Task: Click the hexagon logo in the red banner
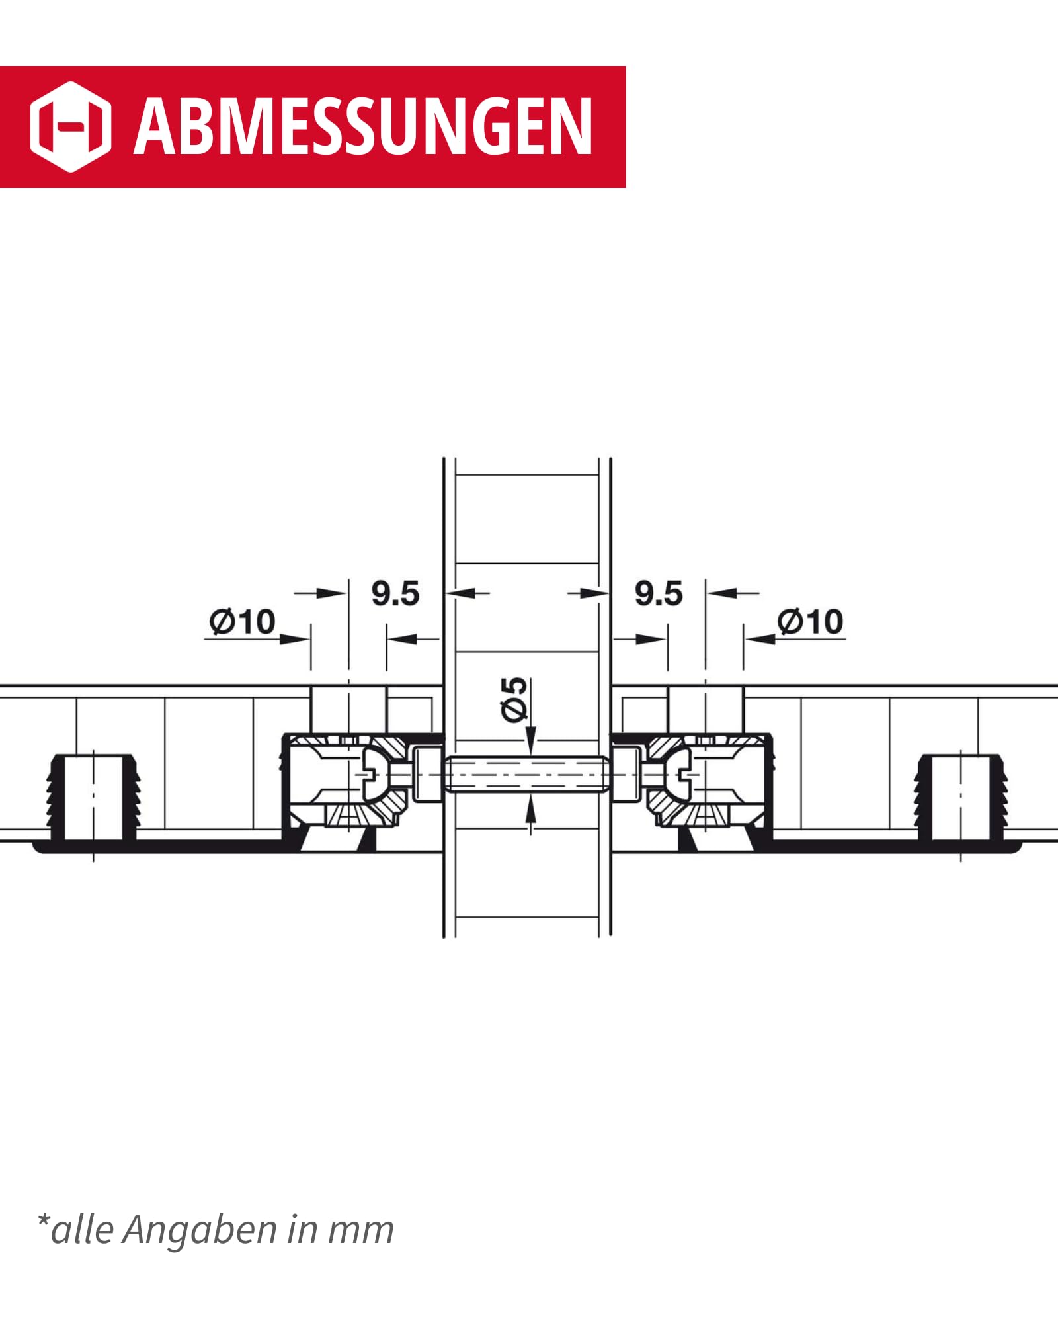(x=71, y=127)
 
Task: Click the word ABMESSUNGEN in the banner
(x=363, y=126)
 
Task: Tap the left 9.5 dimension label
(x=395, y=593)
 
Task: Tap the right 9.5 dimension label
(x=659, y=593)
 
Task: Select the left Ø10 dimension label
(x=242, y=622)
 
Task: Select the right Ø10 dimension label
(x=810, y=622)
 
